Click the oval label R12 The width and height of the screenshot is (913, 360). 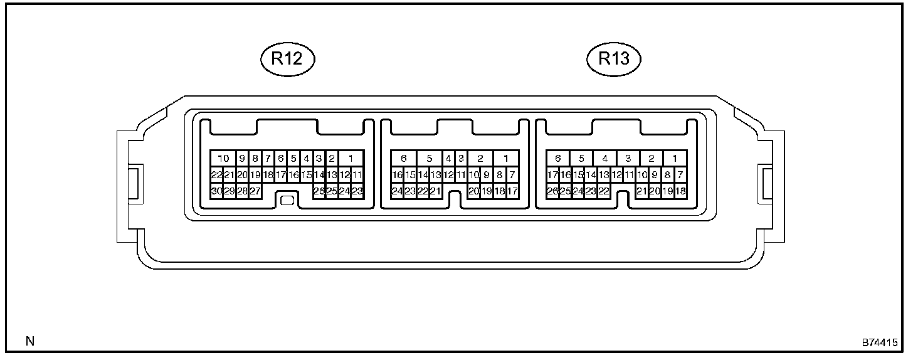tap(287, 59)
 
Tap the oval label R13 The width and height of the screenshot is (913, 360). tap(613, 59)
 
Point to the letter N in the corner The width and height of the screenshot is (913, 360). tap(29, 342)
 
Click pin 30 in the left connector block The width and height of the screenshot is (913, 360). tap(217, 191)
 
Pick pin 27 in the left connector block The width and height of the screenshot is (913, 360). tap(255, 191)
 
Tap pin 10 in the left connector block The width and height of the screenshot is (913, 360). tap(223, 159)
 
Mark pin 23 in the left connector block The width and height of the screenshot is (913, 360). tap(357, 191)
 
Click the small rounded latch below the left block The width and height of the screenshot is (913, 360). tap(287, 201)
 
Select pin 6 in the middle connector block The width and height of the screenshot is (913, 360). tap(403, 159)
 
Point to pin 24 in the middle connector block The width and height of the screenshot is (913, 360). tap(397, 191)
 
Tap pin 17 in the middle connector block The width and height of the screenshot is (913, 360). tap(512, 191)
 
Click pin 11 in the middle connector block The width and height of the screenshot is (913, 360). tap(461, 175)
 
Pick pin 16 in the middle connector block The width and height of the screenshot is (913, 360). tap(397, 175)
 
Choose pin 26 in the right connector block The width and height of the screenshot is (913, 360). tap(552, 191)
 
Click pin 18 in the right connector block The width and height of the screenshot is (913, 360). tap(679, 191)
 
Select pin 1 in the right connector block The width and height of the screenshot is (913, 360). tap(675, 159)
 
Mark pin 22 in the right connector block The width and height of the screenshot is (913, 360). tap(603, 191)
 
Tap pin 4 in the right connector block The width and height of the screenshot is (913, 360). tap(604, 159)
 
